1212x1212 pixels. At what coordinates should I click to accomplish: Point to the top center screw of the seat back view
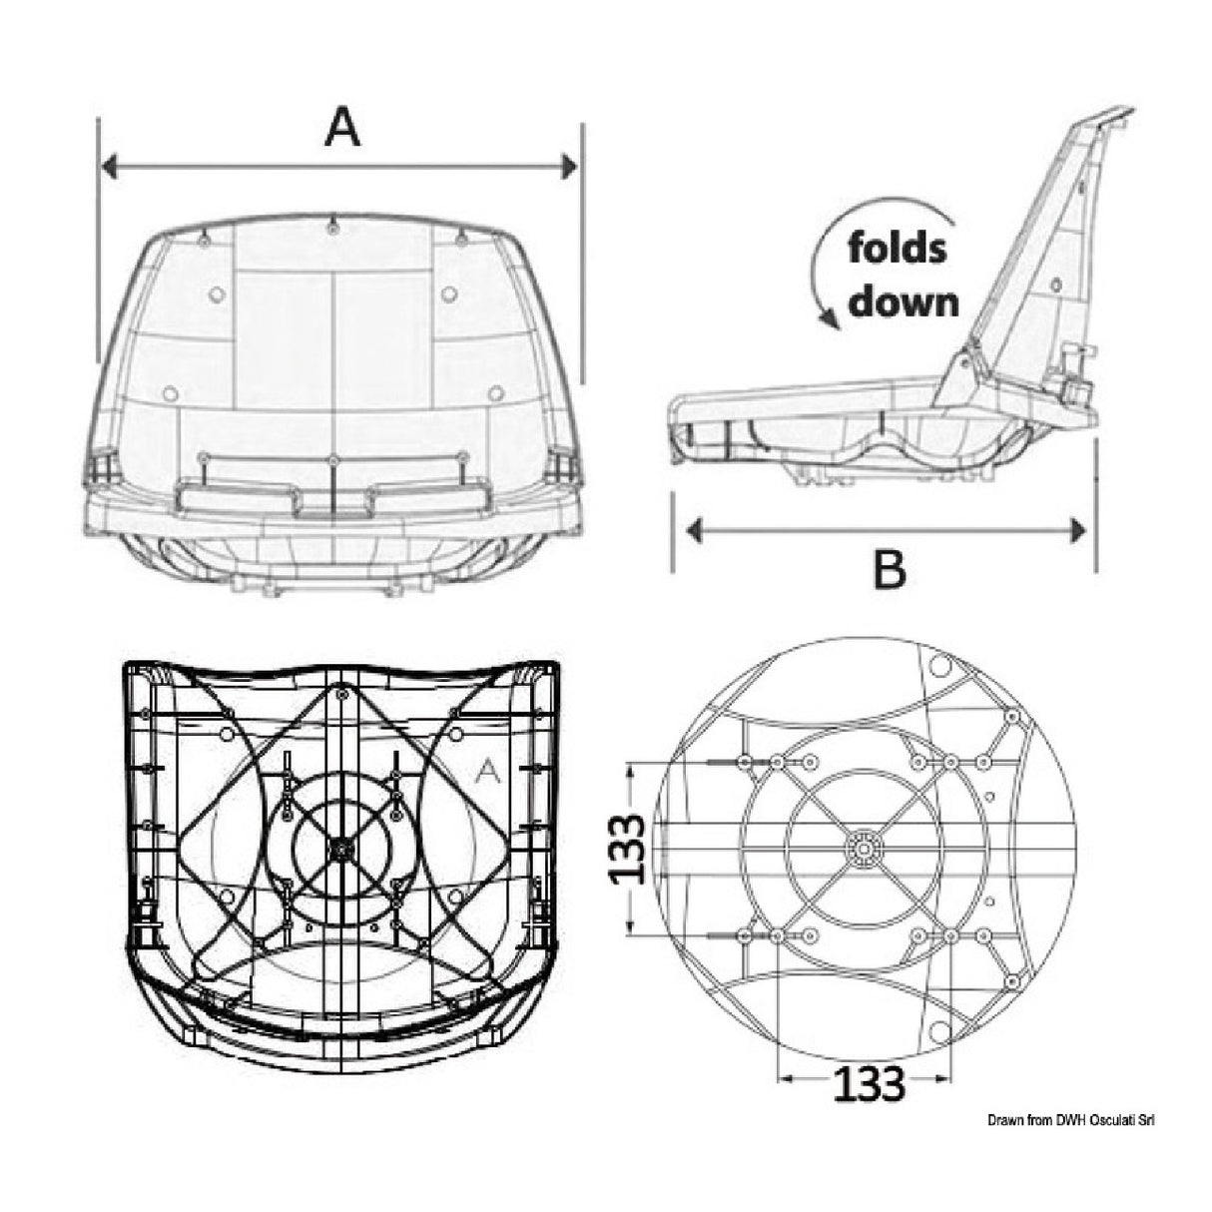click(332, 228)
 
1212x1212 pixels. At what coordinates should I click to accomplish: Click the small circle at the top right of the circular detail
click(938, 664)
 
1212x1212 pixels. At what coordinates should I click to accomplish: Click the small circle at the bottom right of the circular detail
click(938, 1030)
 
